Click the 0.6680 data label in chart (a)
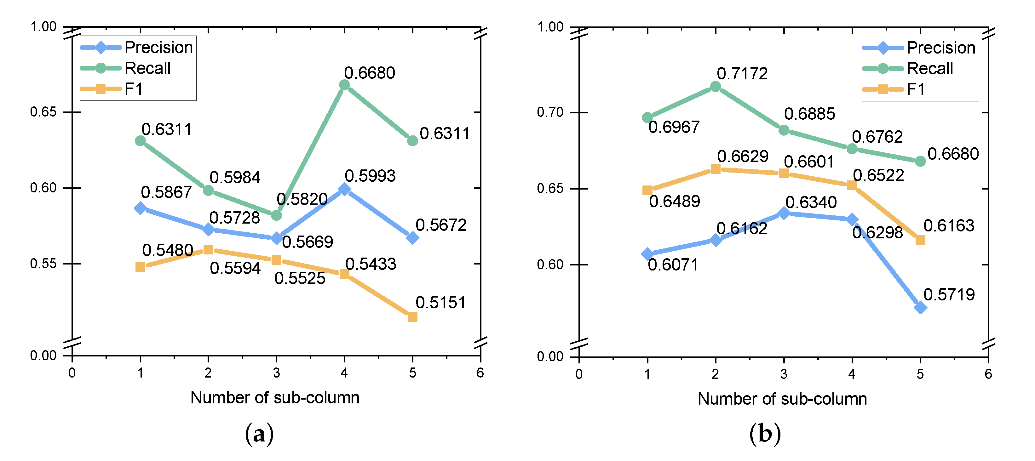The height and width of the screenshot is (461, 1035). click(369, 73)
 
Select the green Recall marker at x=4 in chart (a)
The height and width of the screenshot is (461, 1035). click(344, 85)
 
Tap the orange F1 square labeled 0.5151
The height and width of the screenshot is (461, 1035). click(412, 317)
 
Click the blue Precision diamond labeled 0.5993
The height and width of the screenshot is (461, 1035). click(344, 189)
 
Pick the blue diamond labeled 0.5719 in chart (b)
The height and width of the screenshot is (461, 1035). click(920, 308)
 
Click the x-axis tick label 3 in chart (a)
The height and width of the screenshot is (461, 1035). click(276, 373)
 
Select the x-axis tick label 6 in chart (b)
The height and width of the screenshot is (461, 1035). click(988, 374)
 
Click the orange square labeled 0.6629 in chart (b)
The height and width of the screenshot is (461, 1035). click(715, 169)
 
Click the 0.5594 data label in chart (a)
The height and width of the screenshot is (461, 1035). click(235, 268)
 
